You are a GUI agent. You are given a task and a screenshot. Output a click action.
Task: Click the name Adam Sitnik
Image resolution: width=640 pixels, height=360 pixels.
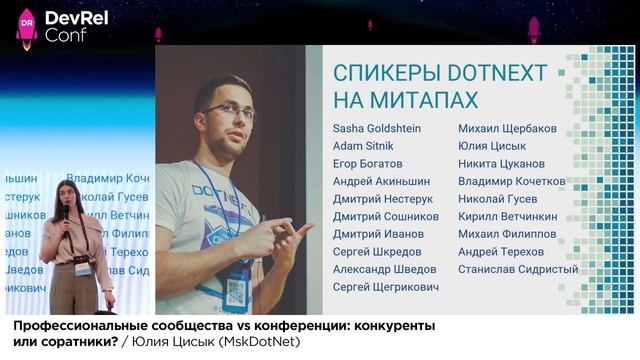click(x=363, y=146)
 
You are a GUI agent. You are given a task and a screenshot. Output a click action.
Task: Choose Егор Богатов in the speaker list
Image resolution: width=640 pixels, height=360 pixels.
click(x=368, y=163)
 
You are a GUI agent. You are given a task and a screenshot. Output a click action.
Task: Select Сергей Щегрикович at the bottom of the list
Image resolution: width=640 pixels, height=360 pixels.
click(x=386, y=287)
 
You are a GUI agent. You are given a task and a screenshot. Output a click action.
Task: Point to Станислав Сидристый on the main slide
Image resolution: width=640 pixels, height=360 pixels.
click(x=518, y=269)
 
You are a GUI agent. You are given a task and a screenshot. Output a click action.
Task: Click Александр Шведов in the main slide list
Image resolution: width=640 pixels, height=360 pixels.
click(x=384, y=269)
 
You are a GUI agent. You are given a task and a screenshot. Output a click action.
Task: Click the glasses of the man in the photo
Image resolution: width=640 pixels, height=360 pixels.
click(x=229, y=112)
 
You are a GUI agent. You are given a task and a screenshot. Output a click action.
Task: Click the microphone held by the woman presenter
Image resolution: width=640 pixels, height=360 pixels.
click(x=66, y=213)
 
